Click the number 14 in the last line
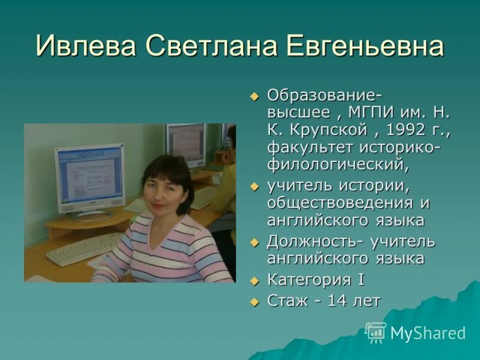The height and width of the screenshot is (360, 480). click(336, 301)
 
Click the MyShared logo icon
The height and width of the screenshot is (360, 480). click(376, 332)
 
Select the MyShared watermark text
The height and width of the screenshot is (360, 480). click(428, 333)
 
